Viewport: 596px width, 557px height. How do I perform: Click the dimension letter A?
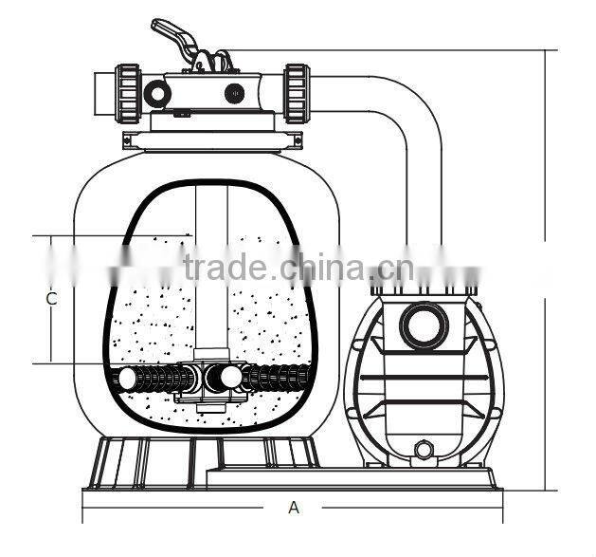pos(294,508)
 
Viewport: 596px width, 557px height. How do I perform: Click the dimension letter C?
pos(51,299)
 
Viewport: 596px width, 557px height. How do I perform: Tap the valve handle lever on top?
pos(175,37)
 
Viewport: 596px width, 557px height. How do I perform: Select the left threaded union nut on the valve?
pos(128,94)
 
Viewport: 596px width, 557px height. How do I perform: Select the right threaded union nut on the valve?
pos(298,94)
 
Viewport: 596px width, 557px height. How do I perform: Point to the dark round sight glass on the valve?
pos(234,93)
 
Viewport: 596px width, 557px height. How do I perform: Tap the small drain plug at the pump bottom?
pos(423,449)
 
